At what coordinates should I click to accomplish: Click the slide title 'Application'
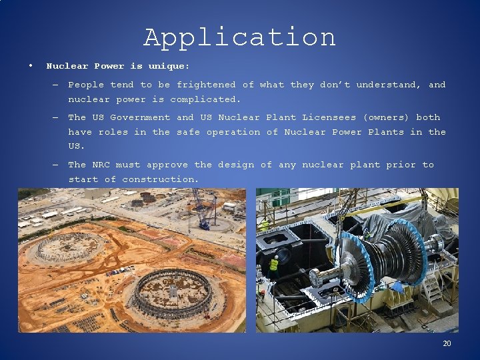[x=239, y=37]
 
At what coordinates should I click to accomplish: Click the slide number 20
[x=447, y=343]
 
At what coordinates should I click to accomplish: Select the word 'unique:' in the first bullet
[x=169, y=67]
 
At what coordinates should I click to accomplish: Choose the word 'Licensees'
[x=329, y=117]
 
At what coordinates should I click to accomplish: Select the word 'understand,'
[x=389, y=85]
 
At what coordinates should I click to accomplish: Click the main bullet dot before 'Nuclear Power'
[x=31, y=66]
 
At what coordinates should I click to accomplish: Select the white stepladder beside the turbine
[x=431, y=287]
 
